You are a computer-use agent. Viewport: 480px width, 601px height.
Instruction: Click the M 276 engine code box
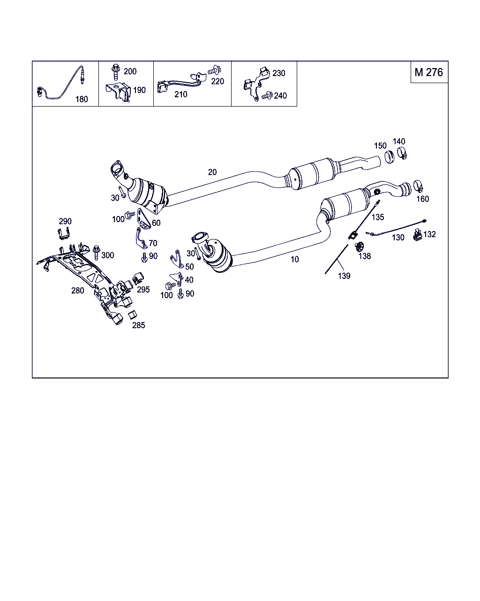(x=428, y=72)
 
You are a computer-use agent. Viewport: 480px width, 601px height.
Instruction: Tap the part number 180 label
(x=82, y=99)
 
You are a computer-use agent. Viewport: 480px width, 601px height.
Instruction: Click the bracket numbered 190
(x=118, y=92)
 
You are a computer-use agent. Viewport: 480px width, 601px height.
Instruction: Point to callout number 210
(x=180, y=94)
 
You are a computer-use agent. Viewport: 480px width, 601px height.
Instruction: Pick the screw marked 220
(x=214, y=70)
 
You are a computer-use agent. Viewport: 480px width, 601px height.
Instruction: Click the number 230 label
(x=278, y=73)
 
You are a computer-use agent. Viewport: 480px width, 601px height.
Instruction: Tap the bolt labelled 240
(x=266, y=96)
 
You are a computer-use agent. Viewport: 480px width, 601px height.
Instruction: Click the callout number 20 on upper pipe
(x=212, y=172)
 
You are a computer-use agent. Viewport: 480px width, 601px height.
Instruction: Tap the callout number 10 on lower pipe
(x=294, y=259)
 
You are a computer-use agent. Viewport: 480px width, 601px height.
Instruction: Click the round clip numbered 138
(x=360, y=247)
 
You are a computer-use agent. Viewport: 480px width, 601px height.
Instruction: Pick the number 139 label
(x=344, y=276)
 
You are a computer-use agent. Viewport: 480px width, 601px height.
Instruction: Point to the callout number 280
(x=78, y=290)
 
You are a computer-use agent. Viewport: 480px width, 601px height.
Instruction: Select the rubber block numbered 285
(x=132, y=315)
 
